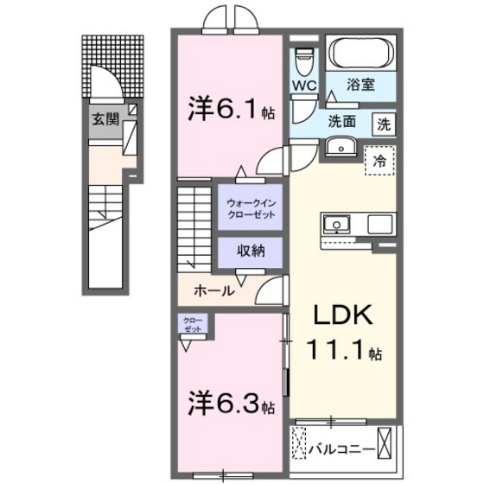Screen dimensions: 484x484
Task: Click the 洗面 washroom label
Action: pyautogui.click(x=341, y=122)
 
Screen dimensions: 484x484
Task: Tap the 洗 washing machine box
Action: pyautogui.click(x=383, y=124)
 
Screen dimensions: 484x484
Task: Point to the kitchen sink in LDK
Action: pyautogui.click(x=334, y=225)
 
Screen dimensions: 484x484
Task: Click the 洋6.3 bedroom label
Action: pyautogui.click(x=225, y=403)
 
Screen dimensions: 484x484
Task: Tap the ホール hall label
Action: pyautogui.click(x=213, y=291)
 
